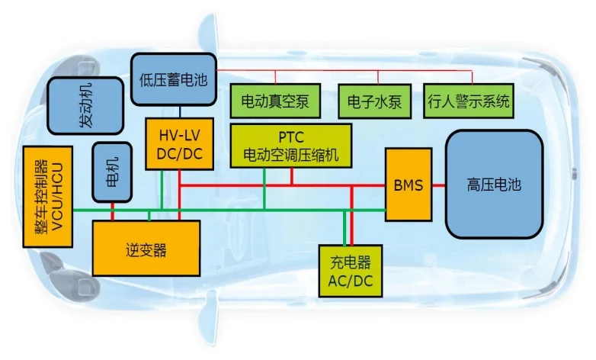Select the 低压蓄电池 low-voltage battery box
[173, 78]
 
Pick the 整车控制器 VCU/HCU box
[47, 196]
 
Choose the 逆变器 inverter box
[146, 248]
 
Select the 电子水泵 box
[374, 101]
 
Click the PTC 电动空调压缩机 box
[290, 148]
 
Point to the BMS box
[408, 184]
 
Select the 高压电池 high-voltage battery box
[494, 184]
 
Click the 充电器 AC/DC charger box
[351, 271]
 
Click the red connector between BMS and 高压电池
[438, 185]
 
